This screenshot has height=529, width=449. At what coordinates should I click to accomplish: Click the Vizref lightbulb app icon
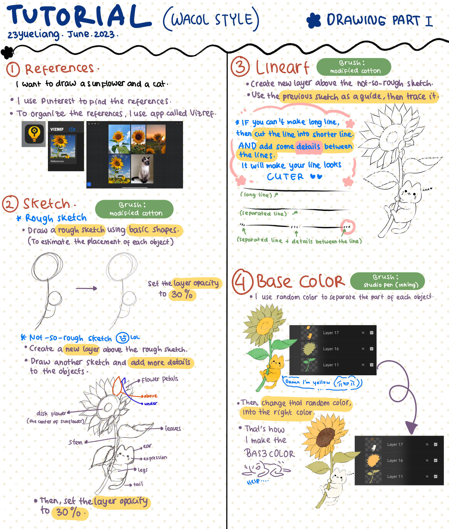tap(34, 134)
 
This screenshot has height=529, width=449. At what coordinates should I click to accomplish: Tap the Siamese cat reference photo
tap(142, 169)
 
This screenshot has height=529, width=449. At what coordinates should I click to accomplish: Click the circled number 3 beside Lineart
tap(240, 67)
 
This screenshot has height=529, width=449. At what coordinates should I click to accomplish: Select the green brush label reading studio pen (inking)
tap(387, 281)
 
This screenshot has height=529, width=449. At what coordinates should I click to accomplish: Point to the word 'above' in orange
tap(150, 396)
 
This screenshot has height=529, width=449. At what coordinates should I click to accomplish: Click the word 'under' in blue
tap(151, 404)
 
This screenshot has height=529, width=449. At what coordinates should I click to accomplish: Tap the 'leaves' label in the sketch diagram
tap(173, 429)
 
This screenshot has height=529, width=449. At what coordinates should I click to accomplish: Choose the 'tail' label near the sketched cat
tap(138, 484)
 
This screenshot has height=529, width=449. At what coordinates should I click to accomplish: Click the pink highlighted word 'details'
tap(309, 146)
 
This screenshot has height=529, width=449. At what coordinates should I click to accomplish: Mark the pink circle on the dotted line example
tap(348, 226)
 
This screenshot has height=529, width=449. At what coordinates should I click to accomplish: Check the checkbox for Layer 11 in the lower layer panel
tap(435, 476)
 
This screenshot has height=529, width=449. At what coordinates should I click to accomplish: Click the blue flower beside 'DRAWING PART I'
tap(314, 21)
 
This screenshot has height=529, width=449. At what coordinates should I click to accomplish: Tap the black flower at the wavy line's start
tap(7, 52)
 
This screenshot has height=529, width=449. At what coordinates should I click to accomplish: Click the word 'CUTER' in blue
tap(285, 177)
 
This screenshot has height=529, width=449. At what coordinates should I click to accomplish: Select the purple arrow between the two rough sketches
tap(87, 288)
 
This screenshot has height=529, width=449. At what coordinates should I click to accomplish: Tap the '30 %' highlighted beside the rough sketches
tap(182, 294)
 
